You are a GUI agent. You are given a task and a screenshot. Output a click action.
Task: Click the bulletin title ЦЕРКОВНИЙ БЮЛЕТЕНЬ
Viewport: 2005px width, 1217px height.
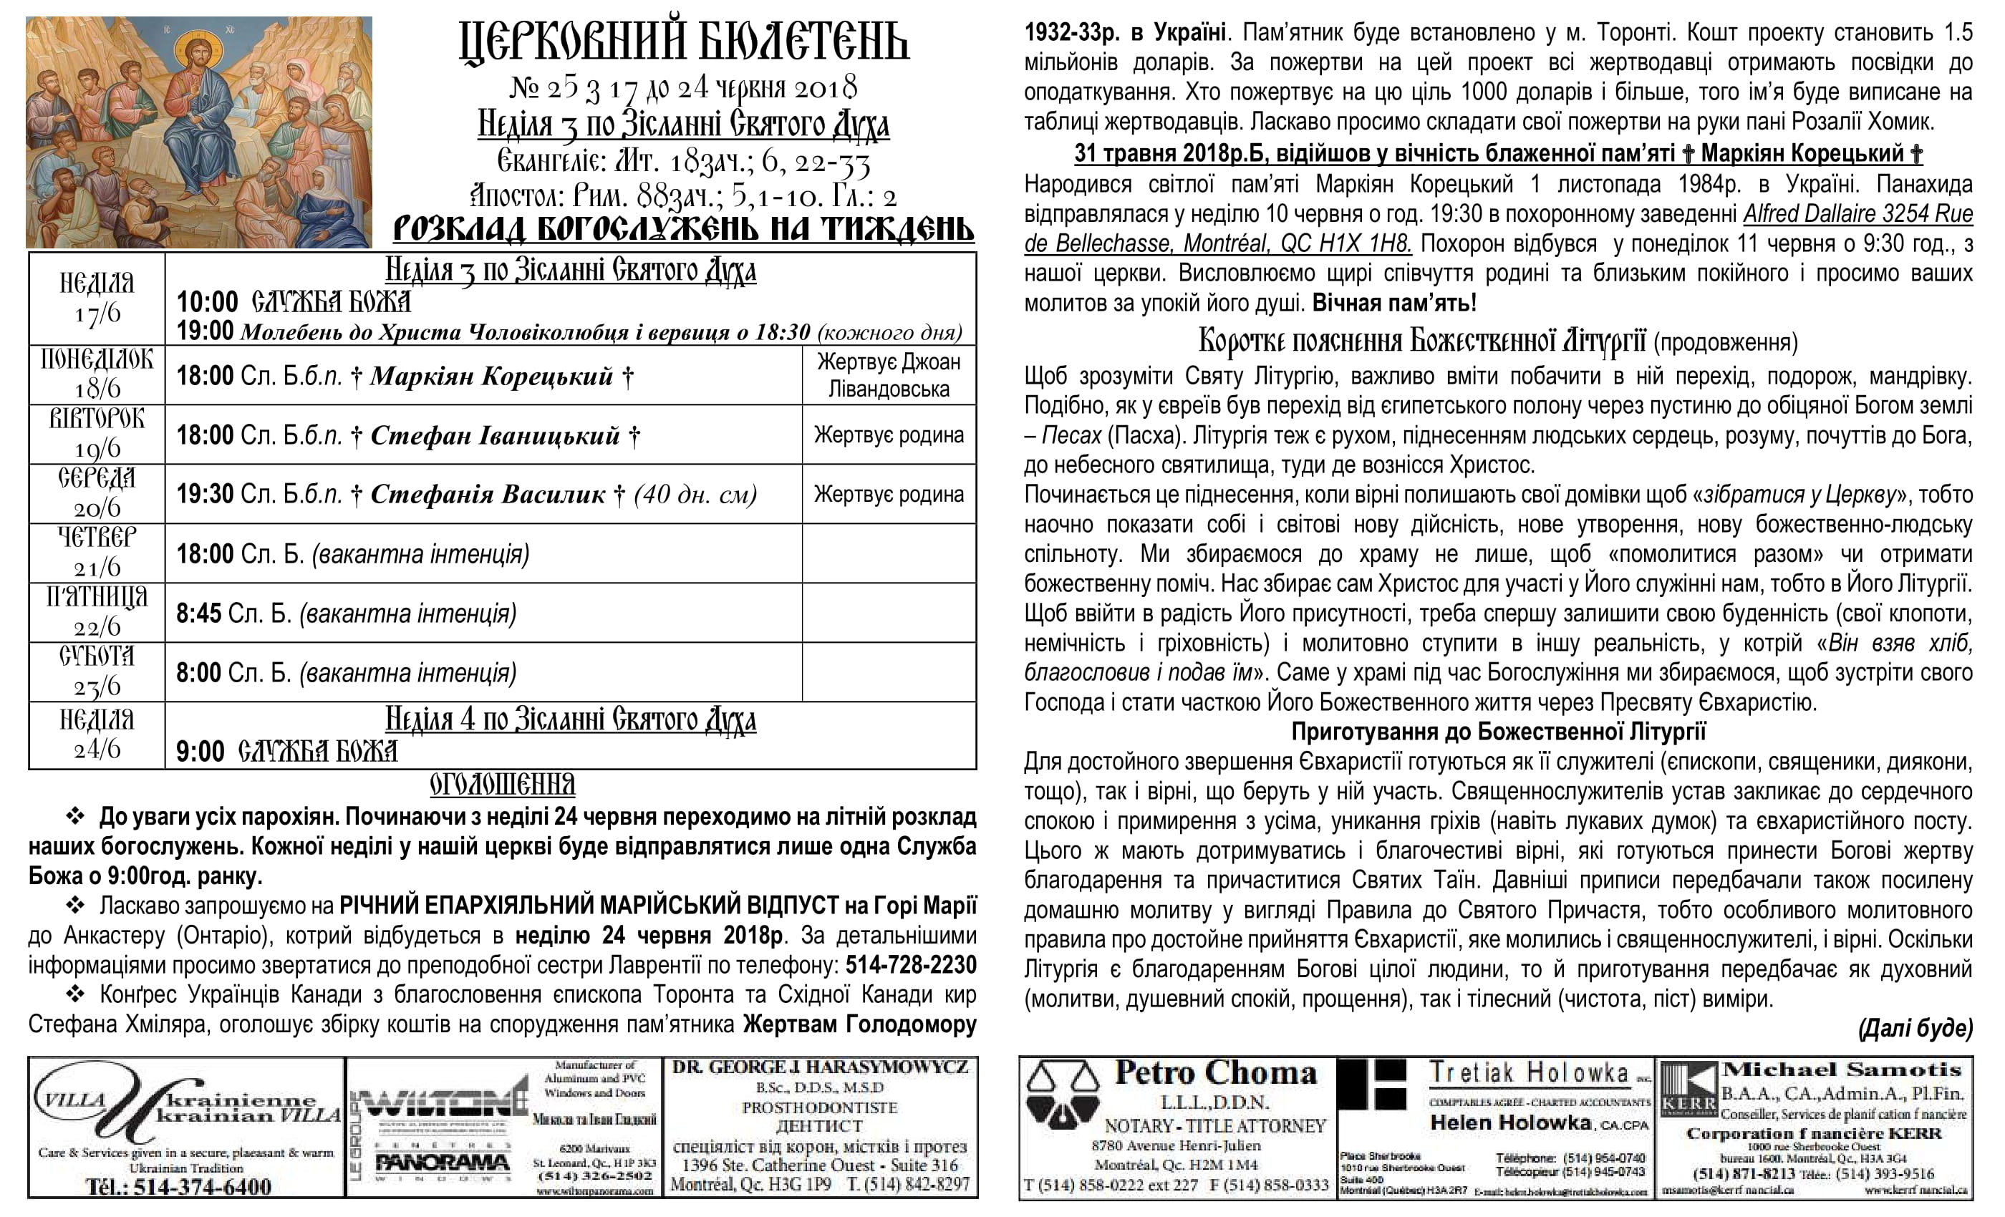pyautogui.click(x=684, y=42)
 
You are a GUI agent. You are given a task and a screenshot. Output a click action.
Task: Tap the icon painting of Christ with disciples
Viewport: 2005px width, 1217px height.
pyautogui.click(x=198, y=132)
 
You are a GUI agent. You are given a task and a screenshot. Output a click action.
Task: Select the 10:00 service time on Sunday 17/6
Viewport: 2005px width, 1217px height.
pyautogui.click(x=207, y=302)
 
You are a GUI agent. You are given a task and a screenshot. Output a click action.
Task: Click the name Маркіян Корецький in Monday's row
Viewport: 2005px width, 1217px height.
pyautogui.click(x=491, y=376)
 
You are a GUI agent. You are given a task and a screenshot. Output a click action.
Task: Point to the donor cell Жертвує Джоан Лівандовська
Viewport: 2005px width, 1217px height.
pyautogui.click(x=889, y=375)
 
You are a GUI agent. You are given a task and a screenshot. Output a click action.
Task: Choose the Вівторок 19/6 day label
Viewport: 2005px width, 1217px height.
pyautogui.click(x=97, y=434)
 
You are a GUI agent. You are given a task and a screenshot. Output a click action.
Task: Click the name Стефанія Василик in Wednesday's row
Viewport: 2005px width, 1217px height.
pyautogui.click(x=488, y=495)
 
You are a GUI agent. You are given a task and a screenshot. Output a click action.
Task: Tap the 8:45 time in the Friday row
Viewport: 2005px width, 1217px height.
pyautogui.click(x=198, y=614)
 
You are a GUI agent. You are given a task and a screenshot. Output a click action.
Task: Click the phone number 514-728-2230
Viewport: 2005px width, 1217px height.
pyautogui.click(x=911, y=966)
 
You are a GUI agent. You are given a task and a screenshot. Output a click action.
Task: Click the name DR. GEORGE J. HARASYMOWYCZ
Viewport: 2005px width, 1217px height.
pyautogui.click(x=820, y=1067)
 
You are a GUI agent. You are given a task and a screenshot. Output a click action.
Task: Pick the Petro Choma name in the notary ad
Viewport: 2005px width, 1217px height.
pyautogui.click(x=1215, y=1073)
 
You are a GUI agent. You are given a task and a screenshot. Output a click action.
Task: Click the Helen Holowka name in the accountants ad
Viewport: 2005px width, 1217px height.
pyautogui.click(x=1510, y=1123)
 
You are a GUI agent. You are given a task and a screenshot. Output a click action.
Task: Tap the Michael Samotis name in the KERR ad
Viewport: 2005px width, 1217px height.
pyautogui.click(x=1842, y=1070)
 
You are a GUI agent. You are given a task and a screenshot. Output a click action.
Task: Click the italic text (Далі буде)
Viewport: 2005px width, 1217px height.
pyautogui.click(x=1915, y=1029)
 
